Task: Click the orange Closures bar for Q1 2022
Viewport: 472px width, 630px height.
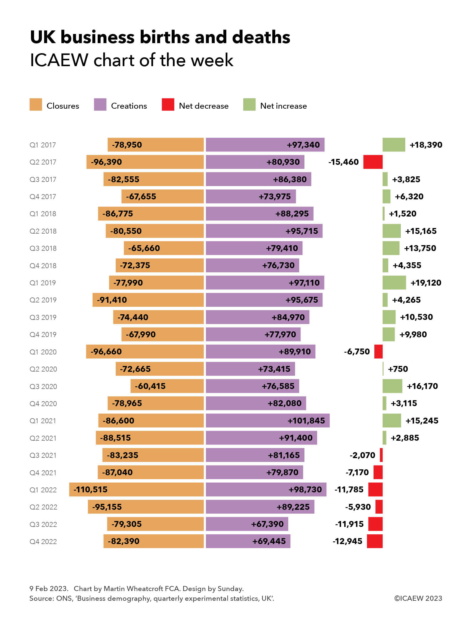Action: [136, 489]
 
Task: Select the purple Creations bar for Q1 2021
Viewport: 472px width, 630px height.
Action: [267, 420]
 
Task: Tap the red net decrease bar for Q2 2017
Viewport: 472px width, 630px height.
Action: [373, 162]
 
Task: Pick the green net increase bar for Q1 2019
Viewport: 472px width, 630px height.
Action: [394, 283]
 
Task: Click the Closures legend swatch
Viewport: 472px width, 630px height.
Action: [36, 105]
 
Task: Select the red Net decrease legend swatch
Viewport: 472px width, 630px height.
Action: [168, 105]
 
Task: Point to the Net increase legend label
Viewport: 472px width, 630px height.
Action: [283, 106]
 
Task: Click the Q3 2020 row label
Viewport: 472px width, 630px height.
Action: [43, 386]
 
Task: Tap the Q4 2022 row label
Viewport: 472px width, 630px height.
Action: [43, 541]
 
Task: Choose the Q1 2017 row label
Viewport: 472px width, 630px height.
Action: [42, 145]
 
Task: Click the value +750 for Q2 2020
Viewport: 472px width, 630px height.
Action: [398, 369]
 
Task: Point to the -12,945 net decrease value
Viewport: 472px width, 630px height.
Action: [347, 541]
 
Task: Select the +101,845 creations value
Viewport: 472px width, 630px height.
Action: [306, 421]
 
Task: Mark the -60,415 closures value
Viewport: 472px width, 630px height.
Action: [150, 386]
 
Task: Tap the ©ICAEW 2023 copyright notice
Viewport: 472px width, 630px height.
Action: [418, 598]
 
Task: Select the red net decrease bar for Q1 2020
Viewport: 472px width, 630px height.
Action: [378, 351]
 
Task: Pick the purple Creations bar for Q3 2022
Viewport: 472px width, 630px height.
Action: [247, 524]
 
